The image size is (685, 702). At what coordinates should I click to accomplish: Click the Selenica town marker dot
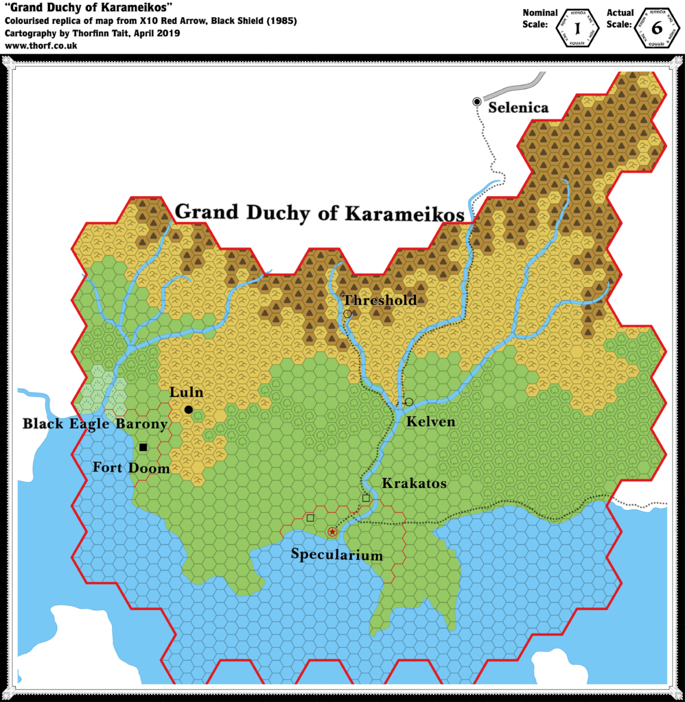pyautogui.click(x=477, y=101)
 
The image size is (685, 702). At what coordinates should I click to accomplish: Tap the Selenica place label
pyautogui.click(x=518, y=108)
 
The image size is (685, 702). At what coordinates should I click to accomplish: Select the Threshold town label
pyautogui.click(x=380, y=300)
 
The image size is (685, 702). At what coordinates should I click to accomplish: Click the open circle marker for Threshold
pyautogui.click(x=347, y=314)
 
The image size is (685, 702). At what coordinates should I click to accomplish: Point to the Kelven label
pyautogui.click(x=430, y=422)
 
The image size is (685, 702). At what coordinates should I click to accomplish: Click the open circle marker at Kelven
pyautogui.click(x=409, y=402)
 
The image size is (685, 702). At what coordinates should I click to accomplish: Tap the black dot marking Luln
pyautogui.click(x=188, y=409)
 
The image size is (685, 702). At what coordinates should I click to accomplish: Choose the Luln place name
pyautogui.click(x=187, y=393)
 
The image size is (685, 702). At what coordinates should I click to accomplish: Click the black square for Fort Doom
pyautogui.click(x=143, y=447)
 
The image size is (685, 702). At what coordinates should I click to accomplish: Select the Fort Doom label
pyautogui.click(x=130, y=468)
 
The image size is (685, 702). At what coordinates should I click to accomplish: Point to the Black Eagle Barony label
pyautogui.click(x=95, y=424)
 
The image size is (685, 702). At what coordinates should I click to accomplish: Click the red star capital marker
pyautogui.click(x=332, y=532)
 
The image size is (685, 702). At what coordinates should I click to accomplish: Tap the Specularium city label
pyautogui.click(x=336, y=555)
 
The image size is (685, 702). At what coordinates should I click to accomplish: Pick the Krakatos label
pyautogui.click(x=414, y=483)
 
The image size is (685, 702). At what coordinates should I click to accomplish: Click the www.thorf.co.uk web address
pyautogui.click(x=40, y=46)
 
